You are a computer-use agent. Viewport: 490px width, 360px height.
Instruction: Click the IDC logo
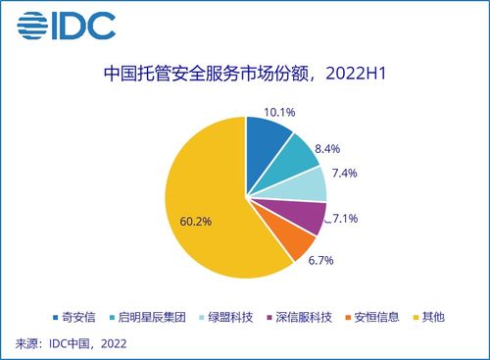point(65,25)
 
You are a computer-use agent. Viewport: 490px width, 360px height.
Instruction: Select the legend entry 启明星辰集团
point(147,317)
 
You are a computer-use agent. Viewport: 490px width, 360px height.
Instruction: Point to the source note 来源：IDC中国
point(72,343)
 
